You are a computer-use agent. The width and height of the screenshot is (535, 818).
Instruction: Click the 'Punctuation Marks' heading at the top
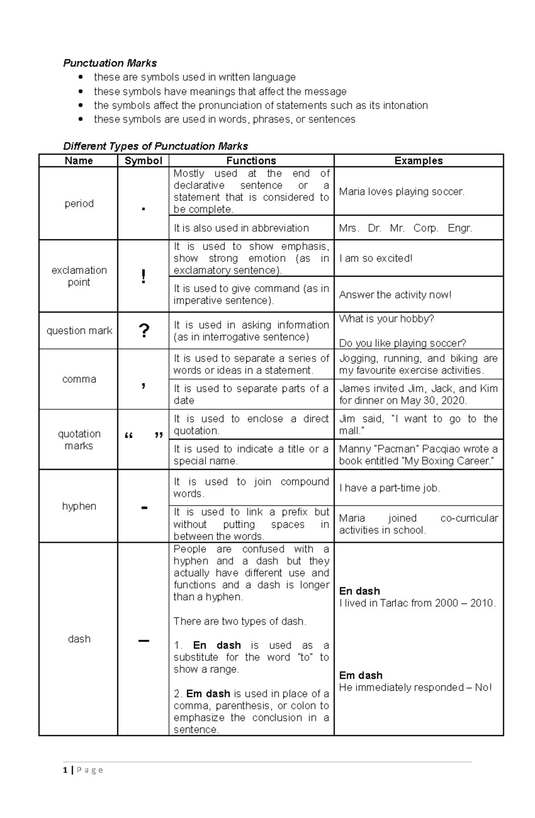click(110, 63)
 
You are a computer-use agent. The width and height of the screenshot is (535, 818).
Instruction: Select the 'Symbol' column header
click(143, 160)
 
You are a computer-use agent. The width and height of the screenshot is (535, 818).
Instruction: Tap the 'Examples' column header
click(418, 160)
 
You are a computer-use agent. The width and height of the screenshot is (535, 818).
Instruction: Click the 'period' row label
click(79, 204)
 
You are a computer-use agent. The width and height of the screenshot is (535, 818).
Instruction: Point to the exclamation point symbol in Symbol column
click(143, 277)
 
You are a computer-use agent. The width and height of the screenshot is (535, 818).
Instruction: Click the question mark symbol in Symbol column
click(144, 331)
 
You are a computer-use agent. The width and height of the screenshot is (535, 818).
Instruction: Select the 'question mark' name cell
click(79, 331)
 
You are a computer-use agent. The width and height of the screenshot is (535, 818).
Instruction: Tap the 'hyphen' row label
click(79, 506)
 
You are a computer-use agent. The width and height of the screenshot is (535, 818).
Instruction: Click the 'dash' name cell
click(79, 639)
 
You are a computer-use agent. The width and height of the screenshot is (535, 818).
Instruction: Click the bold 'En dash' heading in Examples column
click(359, 591)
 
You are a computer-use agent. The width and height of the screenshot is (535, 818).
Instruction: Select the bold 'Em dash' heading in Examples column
click(360, 675)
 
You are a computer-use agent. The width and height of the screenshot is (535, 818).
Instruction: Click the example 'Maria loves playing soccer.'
click(401, 192)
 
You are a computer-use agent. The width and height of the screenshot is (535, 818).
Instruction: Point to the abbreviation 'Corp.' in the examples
click(425, 228)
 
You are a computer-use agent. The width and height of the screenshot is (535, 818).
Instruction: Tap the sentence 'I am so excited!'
click(375, 258)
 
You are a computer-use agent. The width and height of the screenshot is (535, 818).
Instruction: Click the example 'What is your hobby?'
click(386, 319)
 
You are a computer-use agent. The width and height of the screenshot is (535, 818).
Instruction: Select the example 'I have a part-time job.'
click(389, 488)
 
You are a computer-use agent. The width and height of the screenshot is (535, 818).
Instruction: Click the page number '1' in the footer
click(66, 770)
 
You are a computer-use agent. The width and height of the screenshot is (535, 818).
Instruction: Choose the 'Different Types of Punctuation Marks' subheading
click(155, 146)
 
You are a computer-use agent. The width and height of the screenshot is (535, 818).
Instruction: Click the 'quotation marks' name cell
click(79, 440)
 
